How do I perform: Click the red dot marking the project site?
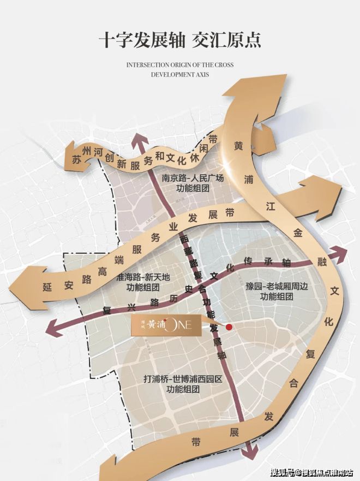230,326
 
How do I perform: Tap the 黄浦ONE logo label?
164,325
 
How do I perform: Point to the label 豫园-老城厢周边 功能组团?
277,291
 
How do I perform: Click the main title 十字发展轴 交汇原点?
180,40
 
